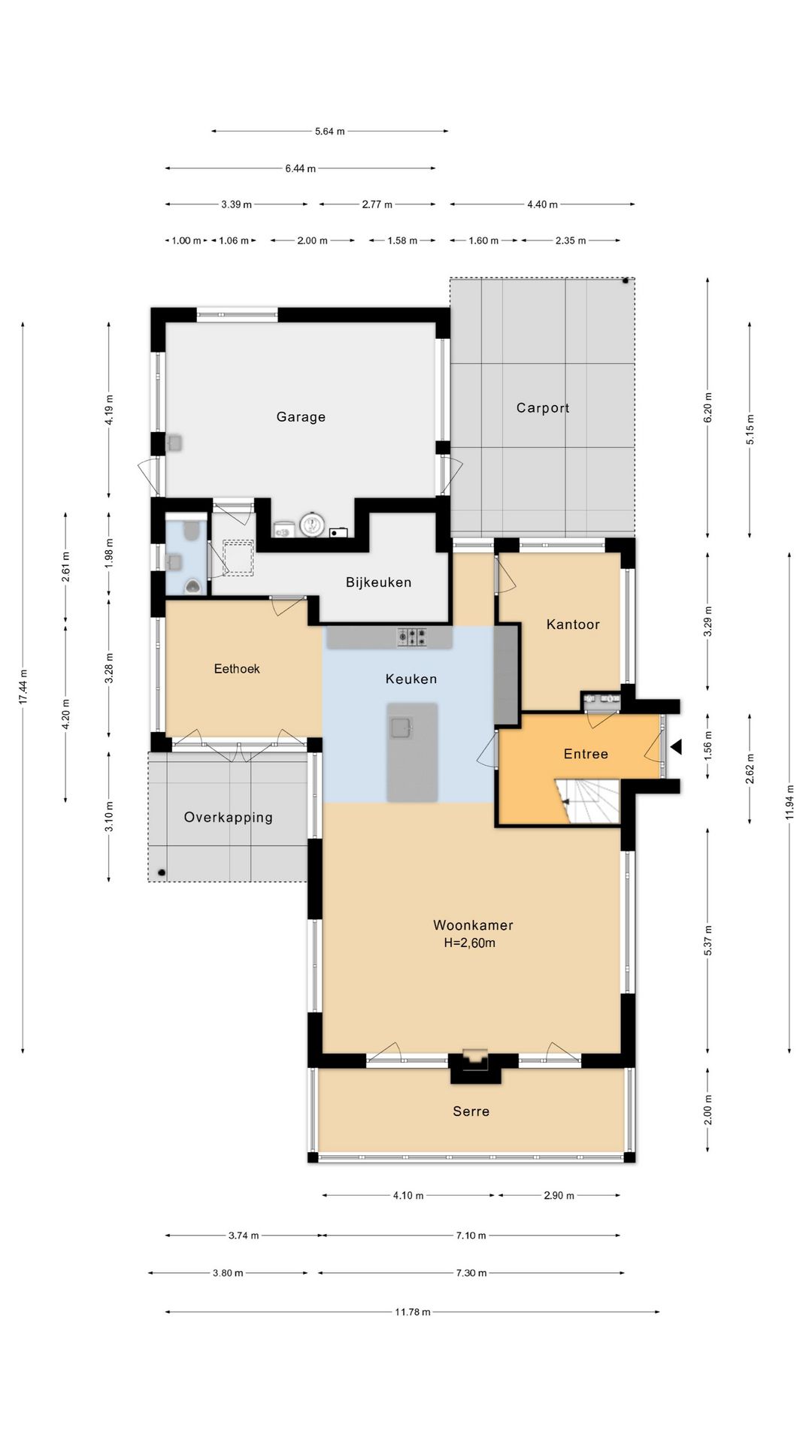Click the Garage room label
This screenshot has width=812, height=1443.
pos(301,417)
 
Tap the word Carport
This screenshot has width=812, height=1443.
pos(543,408)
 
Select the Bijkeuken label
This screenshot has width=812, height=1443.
pos(378,582)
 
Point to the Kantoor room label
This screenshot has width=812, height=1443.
pos(573,625)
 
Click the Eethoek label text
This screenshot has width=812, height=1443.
pos(237,669)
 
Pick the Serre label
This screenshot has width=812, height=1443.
pos(471,1112)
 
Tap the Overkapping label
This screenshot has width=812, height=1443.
pos(229,818)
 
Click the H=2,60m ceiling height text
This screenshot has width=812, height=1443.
pos(470,943)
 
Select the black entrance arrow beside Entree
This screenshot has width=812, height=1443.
pos(675,747)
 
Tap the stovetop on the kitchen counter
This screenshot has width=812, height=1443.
pos(412,637)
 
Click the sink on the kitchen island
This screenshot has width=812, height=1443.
pos(401,728)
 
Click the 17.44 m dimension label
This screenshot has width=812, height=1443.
pos(23,687)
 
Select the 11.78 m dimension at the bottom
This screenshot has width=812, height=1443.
pos(413,1312)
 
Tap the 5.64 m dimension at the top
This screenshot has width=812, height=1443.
pos(329,132)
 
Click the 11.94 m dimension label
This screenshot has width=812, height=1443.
pos(789,803)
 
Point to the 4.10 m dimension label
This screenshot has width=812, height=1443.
pos(408,1196)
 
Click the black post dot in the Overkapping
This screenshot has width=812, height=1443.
pos(162,873)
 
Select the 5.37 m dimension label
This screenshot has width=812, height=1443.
pos(708,940)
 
